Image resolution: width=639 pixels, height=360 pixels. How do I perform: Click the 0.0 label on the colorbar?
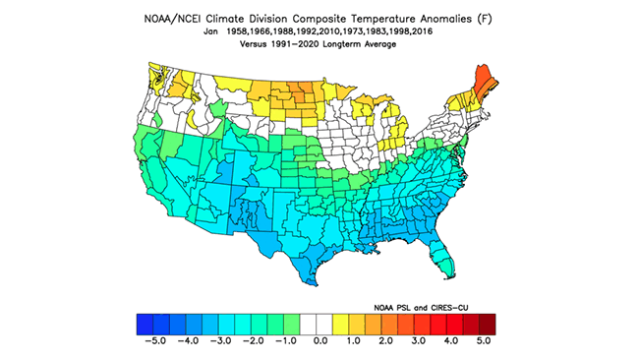pyautogui.click(x=319, y=341)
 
